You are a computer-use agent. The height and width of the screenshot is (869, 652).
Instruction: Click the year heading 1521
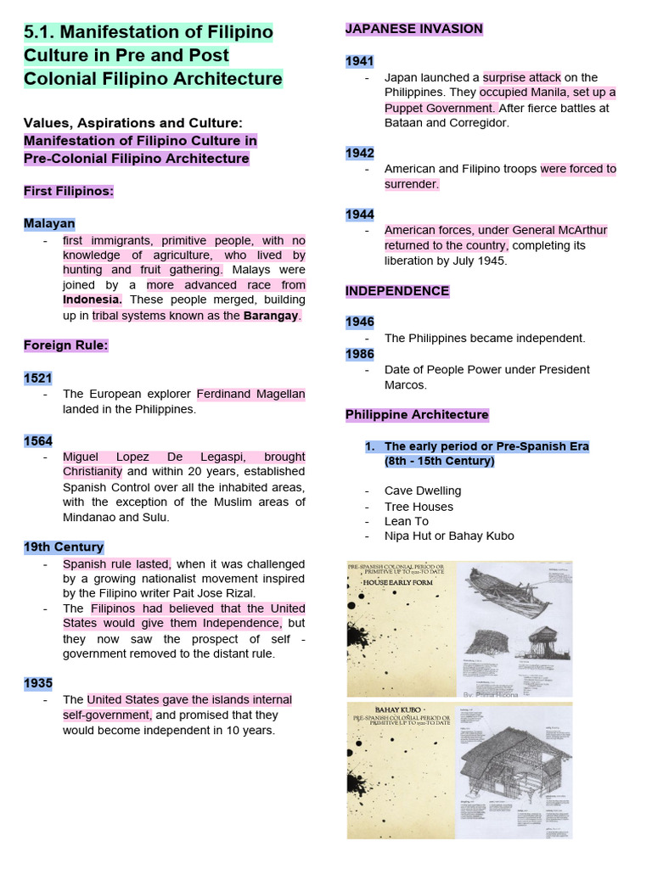(38, 378)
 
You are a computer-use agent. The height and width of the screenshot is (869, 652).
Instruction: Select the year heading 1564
(38, 440)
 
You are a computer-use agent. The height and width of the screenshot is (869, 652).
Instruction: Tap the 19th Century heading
(64, 547)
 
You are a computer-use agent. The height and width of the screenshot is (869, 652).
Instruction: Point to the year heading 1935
(38, 683)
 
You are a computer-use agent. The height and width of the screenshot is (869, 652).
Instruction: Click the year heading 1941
(359, 61)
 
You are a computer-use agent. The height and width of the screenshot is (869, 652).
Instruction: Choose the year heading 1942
(359, 153)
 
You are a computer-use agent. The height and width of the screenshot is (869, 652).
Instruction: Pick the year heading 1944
(359, 215)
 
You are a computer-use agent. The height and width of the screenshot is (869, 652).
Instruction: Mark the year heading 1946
(359, 322)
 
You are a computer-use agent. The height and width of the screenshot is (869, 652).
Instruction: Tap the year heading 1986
(359, 353)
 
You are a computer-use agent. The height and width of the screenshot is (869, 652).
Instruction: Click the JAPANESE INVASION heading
(413, 29)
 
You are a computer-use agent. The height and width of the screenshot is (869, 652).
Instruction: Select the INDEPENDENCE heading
(396, 291)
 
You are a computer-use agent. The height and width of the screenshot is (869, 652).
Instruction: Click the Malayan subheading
(49, 224)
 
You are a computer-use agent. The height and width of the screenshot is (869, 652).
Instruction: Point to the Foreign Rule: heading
(65, 345)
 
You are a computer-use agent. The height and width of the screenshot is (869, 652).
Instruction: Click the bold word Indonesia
(92, 300)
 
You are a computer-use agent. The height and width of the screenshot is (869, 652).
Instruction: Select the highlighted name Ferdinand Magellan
(250, 394)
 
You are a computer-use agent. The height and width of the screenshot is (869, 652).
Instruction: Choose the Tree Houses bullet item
(419, 507)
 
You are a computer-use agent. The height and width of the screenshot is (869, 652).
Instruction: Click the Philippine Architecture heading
(417, 415)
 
